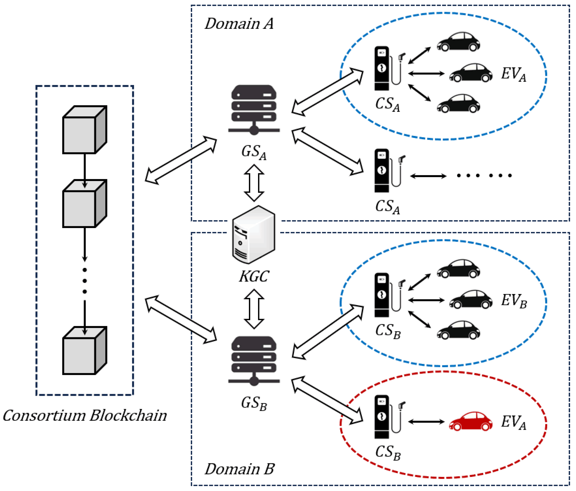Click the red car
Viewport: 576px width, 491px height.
click(x=470, y=422)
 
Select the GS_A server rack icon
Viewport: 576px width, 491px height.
click(x=254, y=110)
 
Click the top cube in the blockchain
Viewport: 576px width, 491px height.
click(x=85, y=130)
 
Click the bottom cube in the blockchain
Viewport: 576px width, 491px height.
click(x=85, y=350)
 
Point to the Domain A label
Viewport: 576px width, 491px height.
click(x=239, y=24)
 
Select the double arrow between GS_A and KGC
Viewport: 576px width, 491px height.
click(x=254, y=183)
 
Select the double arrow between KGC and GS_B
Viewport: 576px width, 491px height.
click(x=254, y=309)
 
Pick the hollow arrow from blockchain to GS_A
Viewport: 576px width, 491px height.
click(x=181, y=160)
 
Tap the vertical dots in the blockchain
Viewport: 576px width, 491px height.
click(x=85, y=280)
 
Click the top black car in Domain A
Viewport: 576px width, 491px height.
click(x=458, y=42)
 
